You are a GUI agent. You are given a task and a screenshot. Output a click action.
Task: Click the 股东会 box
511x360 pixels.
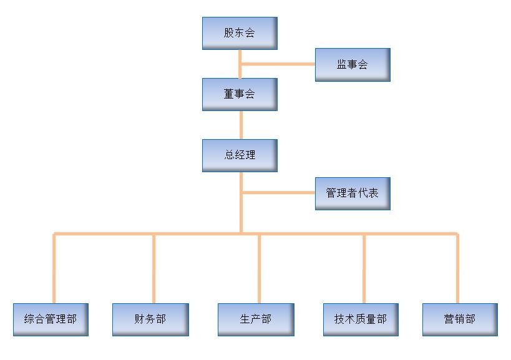pyautogui.click(x=240, y=33)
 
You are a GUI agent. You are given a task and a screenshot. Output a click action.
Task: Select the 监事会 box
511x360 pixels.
pyautogui.click(x=353, y=64)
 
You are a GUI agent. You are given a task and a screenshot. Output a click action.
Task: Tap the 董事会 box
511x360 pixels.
pyautogui.click(x=240, y=94)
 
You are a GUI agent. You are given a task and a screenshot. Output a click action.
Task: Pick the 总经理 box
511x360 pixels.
pyautogui.click(x=240, y=155)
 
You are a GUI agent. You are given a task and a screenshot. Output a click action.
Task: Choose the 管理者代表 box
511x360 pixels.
pyautogui.click(x=353, y=193)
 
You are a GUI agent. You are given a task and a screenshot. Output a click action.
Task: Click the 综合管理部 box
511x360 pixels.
pyautogui.click(x=51, y=319)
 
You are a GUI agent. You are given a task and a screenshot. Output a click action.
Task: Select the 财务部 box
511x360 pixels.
pyautogui.click(x=150, y=319)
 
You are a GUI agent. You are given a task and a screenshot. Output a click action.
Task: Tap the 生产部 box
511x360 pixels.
pyautogui.click(x=255, y=319)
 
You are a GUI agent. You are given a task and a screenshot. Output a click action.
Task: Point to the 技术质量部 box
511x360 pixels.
pyautogui.click(x=361, y=319)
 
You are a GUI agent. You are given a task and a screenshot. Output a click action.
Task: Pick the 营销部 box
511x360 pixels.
pyautogui.click(x=460, y=319)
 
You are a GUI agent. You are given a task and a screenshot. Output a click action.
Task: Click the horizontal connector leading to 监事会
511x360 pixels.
pyautogui.click(x=278, y=64)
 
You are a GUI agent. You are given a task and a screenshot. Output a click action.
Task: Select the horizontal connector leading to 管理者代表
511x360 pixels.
pyautogui.click(x=278, y=193)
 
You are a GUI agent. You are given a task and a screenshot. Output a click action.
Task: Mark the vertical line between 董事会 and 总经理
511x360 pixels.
pyautogui.click(x=240, y=125)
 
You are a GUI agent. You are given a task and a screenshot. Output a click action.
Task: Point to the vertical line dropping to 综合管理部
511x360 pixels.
pyautogui.click(x=54, y=268)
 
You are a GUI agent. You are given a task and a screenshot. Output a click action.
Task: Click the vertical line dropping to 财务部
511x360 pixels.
pyautogui.click(x=154, y=268)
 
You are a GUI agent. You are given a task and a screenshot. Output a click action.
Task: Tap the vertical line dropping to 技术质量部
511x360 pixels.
pyautogui.click(x=364, y=268)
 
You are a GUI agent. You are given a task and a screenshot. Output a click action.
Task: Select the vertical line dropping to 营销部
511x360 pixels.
pyautogui.click(x=457, y=268)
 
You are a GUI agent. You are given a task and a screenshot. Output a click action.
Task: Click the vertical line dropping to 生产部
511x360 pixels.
pyautogui.click(x=259, y=268)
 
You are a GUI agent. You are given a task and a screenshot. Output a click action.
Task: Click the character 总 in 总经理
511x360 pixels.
pyautogui.click(x=230, y=155)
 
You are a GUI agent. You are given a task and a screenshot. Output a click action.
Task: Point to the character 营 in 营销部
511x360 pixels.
pyautogui.click(x=449, y=319)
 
